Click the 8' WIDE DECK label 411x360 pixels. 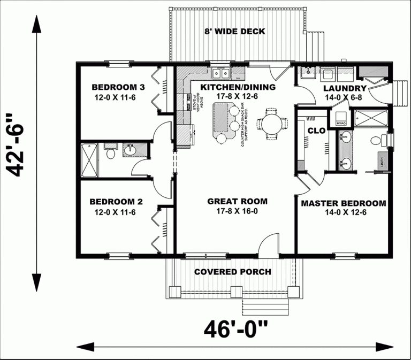(234, 32)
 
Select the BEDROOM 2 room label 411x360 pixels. (116, 202)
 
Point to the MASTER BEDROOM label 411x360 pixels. (343, 203)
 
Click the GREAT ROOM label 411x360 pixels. (237, 202)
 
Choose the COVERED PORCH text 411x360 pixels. (232, 272)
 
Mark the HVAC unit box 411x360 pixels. (341, 120)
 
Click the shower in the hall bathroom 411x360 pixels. (89, 159)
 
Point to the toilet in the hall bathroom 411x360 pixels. (110, 154)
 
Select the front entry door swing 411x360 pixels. (266, 244)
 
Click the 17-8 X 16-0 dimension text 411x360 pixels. (237, 212)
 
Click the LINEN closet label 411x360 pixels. (382, 161)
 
